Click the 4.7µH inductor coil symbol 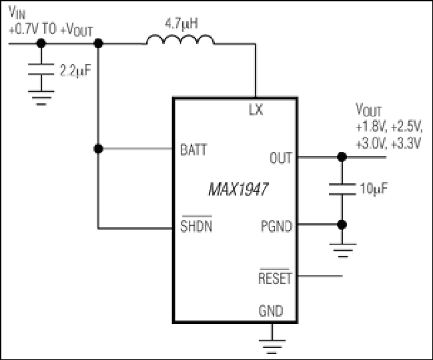[x=180, y=39]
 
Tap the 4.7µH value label [x=181, y=24]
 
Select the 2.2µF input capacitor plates [x=41, y=69]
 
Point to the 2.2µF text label [x=75, y=71]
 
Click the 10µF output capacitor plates [x=342, y=189]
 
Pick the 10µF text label [x=374, y=189]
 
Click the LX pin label [x=256, y=109]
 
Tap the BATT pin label [x=193, y=149]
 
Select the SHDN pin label [x=196, y=225]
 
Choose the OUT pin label [x=281, y=158]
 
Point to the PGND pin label [x=276, y=226]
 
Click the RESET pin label [x=275, y=277]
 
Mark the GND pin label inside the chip [x=271, y=311]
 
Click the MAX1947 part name [x=238, y=189]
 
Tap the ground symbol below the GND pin [x=272, y=347]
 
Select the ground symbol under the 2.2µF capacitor [x=41, y=98]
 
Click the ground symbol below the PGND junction [x=342, y=250]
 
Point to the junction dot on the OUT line [x=342, y=157]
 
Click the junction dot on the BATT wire [x=98, y=149]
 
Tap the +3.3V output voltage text [x=406, y=144]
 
